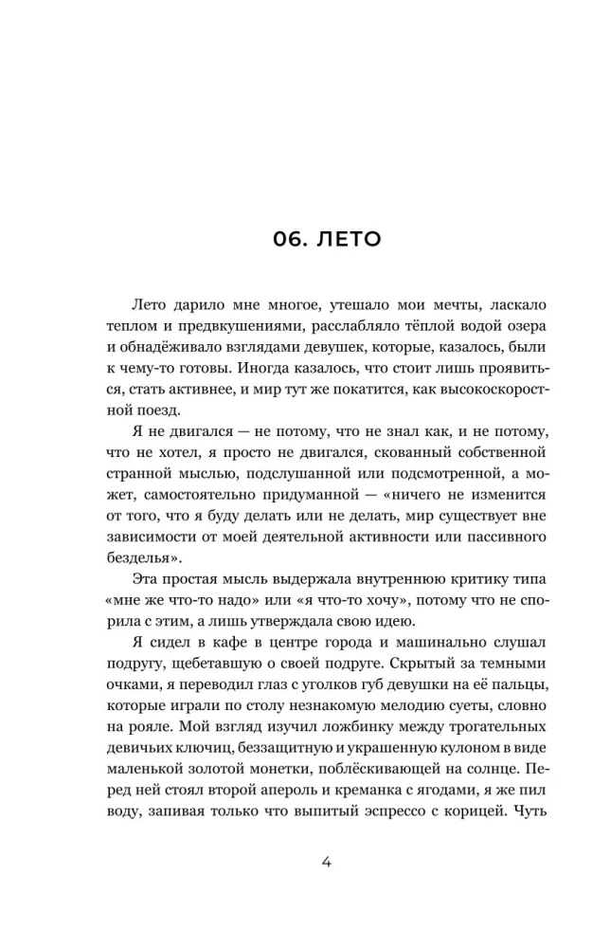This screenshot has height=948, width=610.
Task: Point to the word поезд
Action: [x=158, y=410]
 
